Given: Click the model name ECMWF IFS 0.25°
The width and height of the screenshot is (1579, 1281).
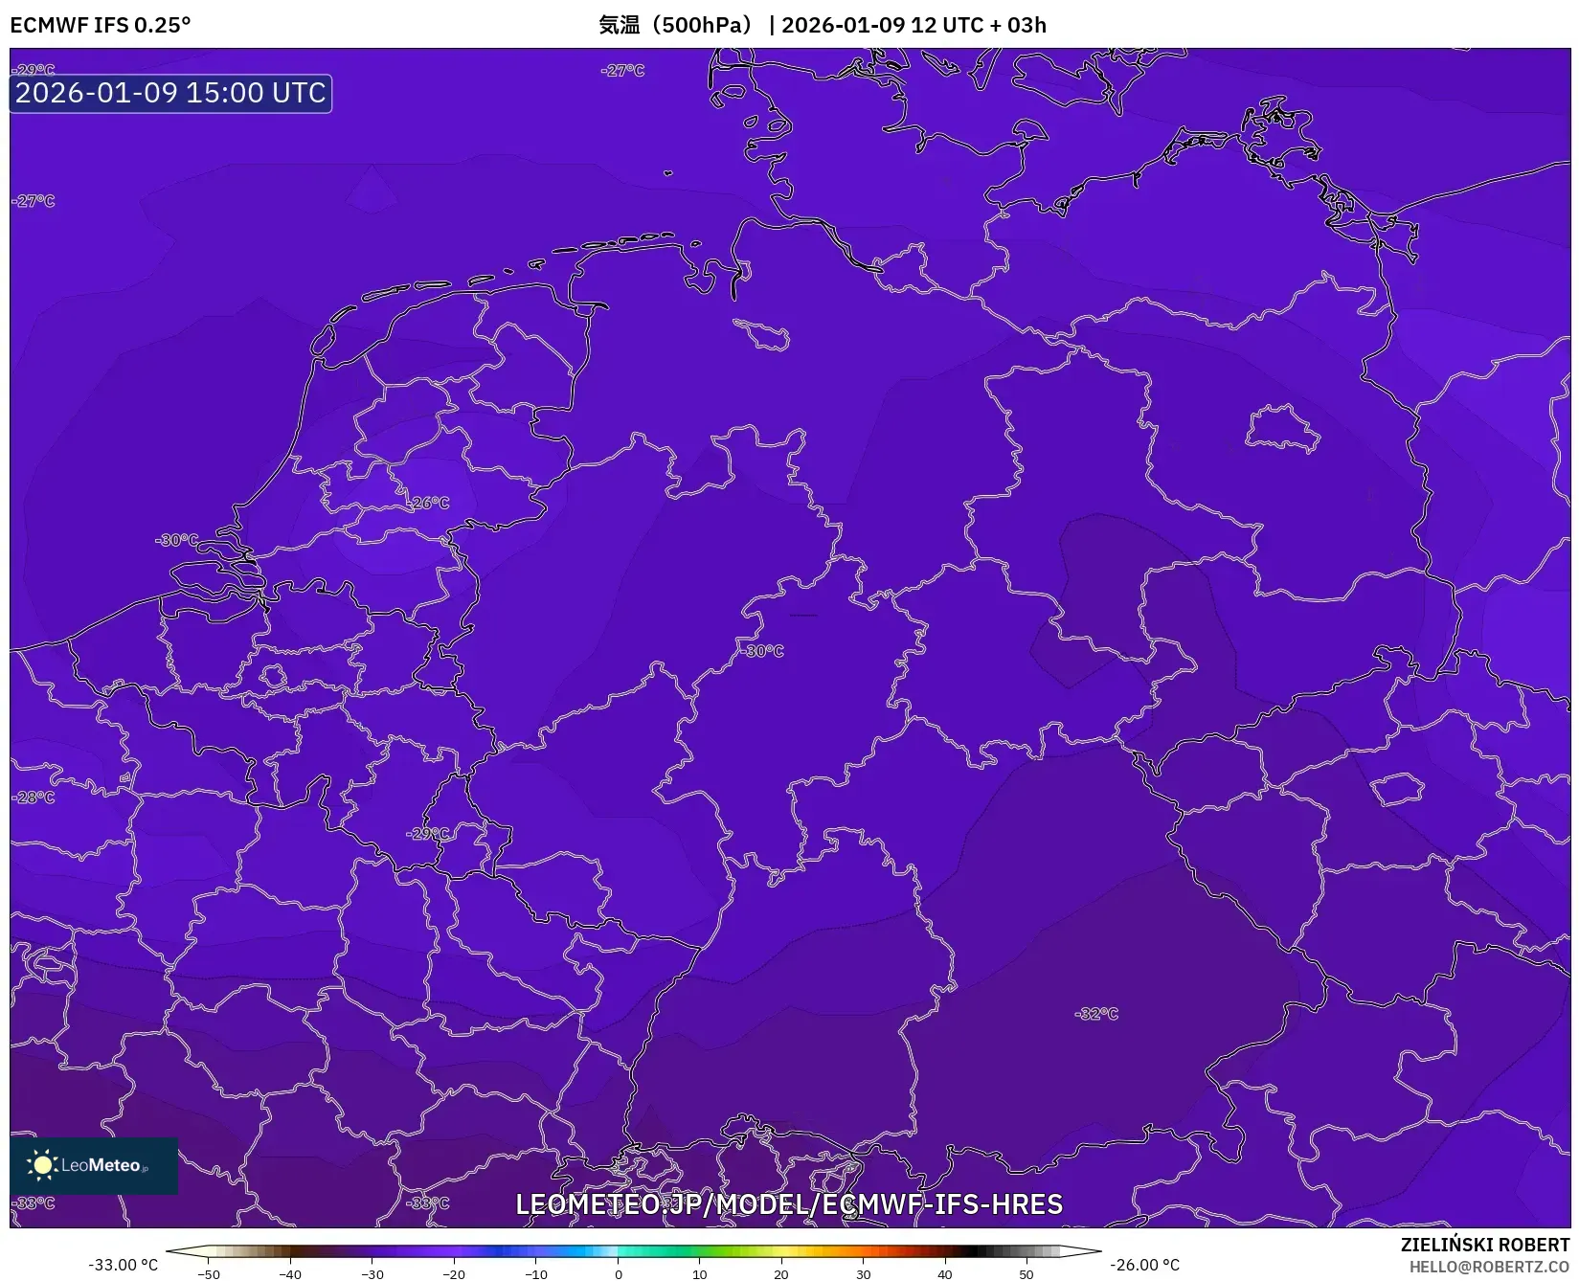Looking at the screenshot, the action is [x=101, y=25].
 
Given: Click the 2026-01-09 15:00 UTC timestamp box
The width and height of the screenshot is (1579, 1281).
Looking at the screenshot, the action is [x=170, y=93].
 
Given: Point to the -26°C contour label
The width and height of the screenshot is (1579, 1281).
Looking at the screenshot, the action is [x=429, y=503].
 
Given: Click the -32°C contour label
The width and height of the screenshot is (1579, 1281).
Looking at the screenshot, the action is [x=1096, y=1014].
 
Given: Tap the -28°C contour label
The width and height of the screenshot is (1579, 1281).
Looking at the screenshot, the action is [x=34, y=797].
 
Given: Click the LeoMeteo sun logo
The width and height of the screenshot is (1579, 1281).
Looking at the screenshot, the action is [x=42, y=1165].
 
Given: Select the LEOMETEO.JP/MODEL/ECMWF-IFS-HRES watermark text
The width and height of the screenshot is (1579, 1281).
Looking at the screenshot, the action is [x=789, y=1204].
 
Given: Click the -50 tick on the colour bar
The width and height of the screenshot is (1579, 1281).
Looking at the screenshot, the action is [x=209, y=1273].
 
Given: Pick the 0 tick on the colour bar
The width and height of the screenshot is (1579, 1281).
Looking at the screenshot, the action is [x=618, y=1273].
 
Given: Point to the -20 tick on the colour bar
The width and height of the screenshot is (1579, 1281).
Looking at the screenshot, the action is [x=454, y=1273].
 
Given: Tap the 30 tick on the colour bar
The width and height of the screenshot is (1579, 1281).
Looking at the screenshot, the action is [x=863, y=1273].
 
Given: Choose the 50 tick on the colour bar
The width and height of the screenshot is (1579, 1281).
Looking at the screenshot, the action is [x=1026, y=1273].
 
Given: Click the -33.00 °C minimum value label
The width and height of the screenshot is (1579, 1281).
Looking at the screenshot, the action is [x=123, y=1265].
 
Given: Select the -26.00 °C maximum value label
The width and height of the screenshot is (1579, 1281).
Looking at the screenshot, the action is [x=1144, y=1265].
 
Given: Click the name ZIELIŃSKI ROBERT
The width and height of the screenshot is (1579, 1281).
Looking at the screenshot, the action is [x=1485, y=1246].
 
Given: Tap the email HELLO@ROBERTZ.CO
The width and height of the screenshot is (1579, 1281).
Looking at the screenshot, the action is [x=1489, y=1267].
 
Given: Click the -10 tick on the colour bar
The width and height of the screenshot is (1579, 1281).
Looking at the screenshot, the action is [x=536, y=1273].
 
